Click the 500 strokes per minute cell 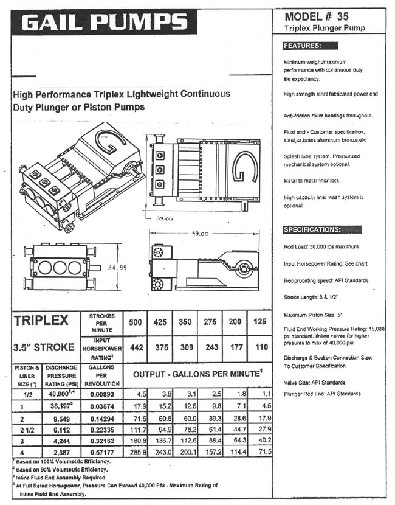point(136,323)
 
